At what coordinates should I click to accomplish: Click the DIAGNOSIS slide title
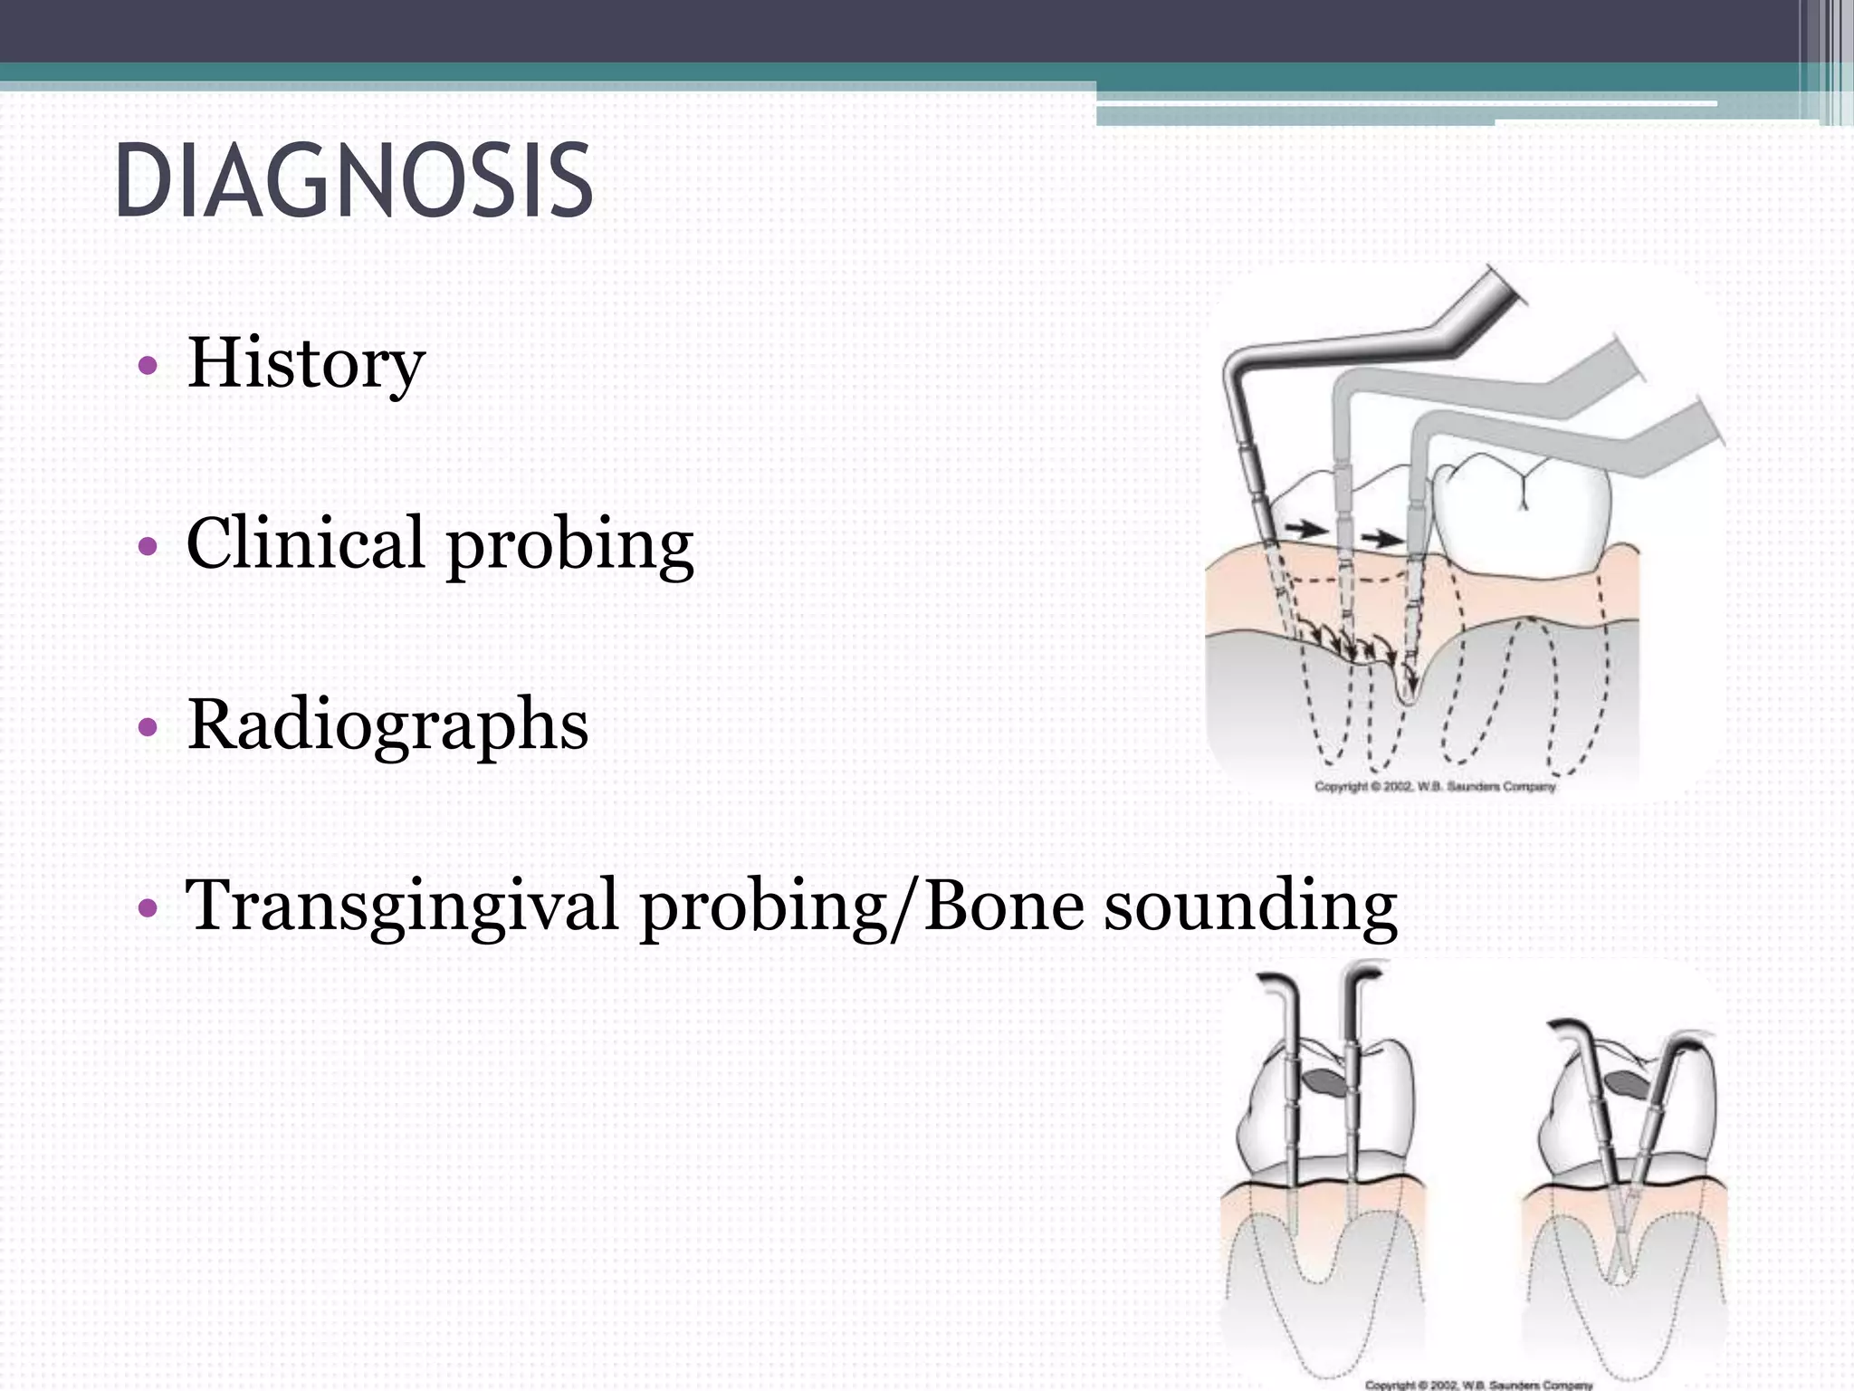(x=354, y=182)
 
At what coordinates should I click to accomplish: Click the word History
(x=305, y=363)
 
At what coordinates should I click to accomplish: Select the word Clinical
(x=305, y=542)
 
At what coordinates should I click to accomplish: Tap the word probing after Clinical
(x=570, y=546)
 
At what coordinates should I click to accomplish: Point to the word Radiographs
(x=387, y=725)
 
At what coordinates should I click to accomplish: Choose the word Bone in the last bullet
(x=1003, y=905)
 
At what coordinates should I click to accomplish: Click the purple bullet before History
(x=147, y=367)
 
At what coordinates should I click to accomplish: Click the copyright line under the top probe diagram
(x=1435, y=786)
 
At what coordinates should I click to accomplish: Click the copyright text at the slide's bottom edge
(x=1478, y=1384)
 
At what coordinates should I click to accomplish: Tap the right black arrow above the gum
(x=1381, y=539)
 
